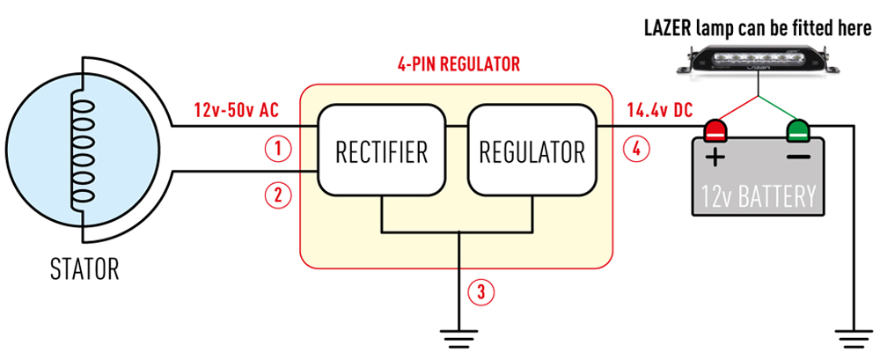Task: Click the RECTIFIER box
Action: pyautogui.click(x=381, y=151)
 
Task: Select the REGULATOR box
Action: pyautogui.click(x=532, y=151)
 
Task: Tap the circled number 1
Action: pyautogui.click(x=278, y=149)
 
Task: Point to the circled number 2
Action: pyautogui.click(x=278, y=195)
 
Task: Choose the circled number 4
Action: pyautogui.click(x=636, y=148)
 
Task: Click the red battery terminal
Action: pyautogui.click(x=714, y=131)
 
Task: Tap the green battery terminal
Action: pyautogui.click(x=799, y=131)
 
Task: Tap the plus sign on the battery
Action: pyautogui.click(x=715, y=159)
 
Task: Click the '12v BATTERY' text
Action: pyautogui.click(x=758, y=195)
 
